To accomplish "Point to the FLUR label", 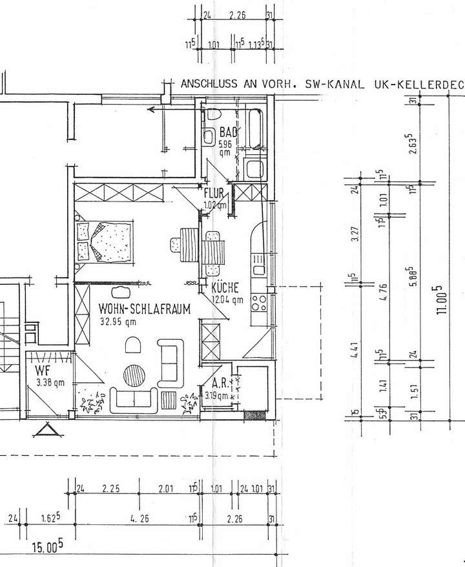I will tap(213, 193).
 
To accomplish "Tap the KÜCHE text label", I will tap(225, 288).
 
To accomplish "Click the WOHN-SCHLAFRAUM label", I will tap(144, 309).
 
